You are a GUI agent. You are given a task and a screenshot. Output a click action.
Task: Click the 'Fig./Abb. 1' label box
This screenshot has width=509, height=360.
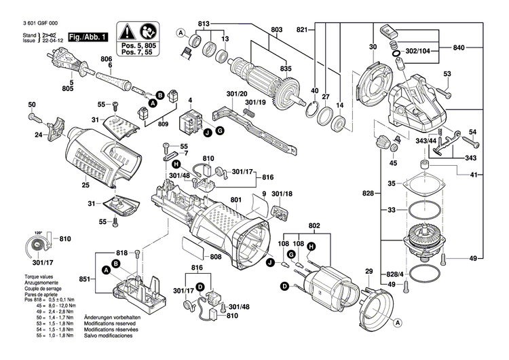(x=88, y=37)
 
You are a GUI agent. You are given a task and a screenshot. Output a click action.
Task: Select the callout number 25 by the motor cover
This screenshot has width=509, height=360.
(x=86, y=185)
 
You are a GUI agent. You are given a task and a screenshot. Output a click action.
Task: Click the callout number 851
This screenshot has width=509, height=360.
(x=83, y=280)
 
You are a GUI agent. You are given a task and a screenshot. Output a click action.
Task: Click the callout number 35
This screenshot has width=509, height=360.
(x=391, y=183)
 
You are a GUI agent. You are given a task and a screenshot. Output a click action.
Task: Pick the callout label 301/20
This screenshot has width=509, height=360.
(x=238, y=93)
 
